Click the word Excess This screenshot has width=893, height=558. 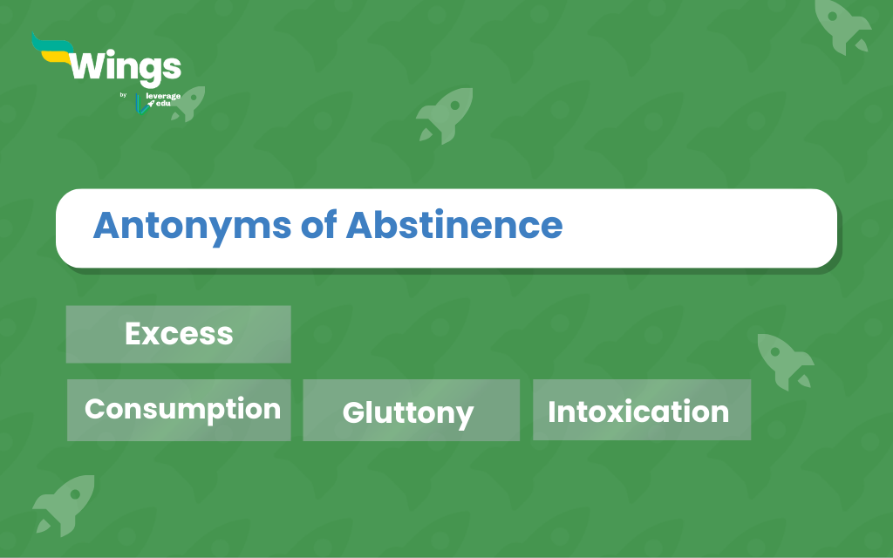coord(179,334)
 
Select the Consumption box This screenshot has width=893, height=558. coord(179,410)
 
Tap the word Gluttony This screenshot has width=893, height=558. coord(408,413)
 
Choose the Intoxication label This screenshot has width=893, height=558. coord(638,412)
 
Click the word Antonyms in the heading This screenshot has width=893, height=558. coord(193,227)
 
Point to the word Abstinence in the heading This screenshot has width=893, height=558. coord(453,225)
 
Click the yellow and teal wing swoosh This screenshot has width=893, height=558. coord(52,50)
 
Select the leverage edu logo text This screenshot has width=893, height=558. coord(163,99)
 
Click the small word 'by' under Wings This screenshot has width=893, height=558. coord(123,95)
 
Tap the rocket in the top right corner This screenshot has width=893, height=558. coord(842,26)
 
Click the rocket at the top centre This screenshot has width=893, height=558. coord(445,115)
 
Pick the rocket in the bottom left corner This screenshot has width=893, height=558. coord(64,505)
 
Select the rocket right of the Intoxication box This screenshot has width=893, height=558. coord(785,362)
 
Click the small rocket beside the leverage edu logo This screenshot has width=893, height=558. coord(189,104)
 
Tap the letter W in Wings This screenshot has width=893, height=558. coord(90,65)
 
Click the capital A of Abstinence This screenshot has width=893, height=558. coord(362,225)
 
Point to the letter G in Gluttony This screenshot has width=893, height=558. coord(354,412)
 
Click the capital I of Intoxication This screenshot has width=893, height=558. coord(551,412)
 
